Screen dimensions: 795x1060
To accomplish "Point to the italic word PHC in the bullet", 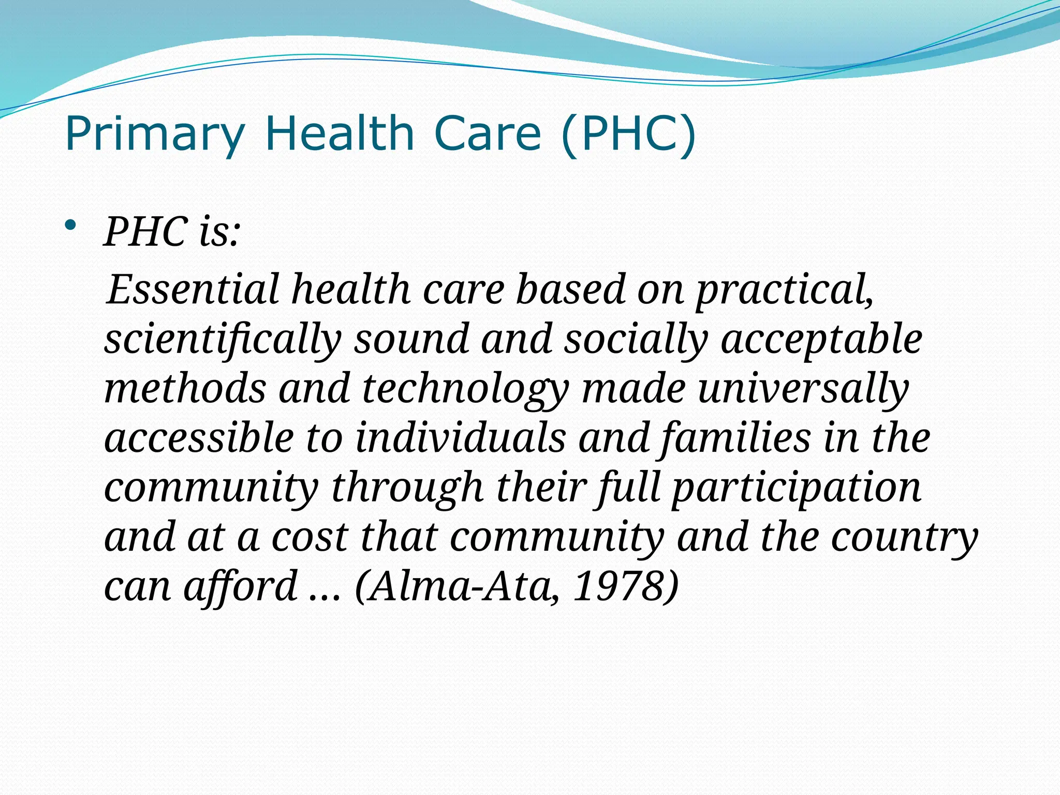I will (x=146, y=231).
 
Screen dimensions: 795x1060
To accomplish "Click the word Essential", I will (x=193, y=289).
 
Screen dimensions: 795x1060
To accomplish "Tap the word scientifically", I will (x=223, y=340).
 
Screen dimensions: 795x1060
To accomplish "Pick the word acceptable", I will (x=821, y=340).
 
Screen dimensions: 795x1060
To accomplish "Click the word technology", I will (x=465, y=389).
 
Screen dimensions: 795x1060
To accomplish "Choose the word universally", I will (x=803, y=389).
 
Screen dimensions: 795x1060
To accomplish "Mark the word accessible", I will (x=199, y=438).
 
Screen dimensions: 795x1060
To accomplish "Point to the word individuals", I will (x=461, y=438).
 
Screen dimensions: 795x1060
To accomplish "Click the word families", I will (x=735, y=438).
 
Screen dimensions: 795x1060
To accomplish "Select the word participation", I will (x=797, y=488).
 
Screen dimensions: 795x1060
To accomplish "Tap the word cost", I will (x=309, y=537).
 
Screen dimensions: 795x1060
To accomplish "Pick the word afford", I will (x=240, y=586).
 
